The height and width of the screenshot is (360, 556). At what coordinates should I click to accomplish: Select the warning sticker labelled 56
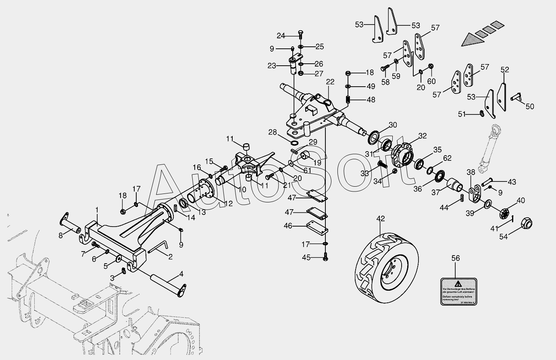(458, 291)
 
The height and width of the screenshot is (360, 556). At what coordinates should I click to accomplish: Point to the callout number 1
(97, 210)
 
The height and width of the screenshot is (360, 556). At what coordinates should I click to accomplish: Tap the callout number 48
(371, 100)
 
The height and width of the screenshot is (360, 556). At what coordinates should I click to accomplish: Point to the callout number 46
(288, 226)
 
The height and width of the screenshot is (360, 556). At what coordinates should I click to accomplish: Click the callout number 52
(505, 70)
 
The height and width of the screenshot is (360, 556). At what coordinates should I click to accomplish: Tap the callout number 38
(471, 172)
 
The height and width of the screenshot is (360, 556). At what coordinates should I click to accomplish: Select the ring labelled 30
(373, 137)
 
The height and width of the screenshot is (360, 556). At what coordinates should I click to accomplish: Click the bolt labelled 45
(325, 257)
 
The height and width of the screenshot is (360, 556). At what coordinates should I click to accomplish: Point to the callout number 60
(431, 81)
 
